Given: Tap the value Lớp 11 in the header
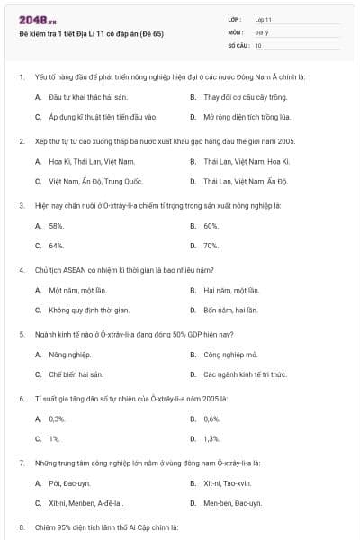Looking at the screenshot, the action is tap(263, 19).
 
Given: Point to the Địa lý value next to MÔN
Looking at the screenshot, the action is tap(261, 31).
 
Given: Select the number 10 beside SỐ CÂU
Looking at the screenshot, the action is tap(258, 44).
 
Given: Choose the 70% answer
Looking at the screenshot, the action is tap(211, 246).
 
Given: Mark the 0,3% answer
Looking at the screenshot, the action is tap(58, 419).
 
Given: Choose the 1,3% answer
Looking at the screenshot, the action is tap(211, 439).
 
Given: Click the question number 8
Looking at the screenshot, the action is tap(21, 526).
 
